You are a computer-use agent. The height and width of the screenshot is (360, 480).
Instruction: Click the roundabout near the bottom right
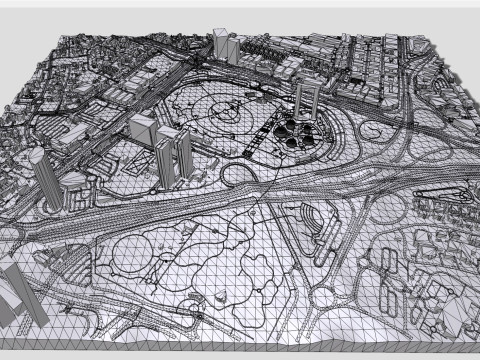(x=325, y=296)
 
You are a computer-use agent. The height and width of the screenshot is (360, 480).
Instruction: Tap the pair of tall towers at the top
(x=223, y=44)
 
